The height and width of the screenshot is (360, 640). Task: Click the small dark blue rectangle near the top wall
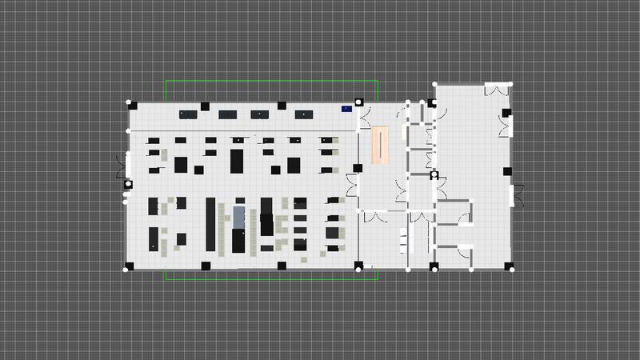(x=347, y=108)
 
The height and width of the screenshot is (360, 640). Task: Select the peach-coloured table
(x=380, y=145)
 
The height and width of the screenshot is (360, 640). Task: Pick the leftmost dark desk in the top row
(x=188, y=114)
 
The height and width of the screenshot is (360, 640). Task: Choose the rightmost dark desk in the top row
(x=303, y=114)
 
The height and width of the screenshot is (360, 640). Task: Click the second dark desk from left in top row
(x=226, y=114)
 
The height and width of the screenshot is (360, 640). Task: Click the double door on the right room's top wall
(x=498, y=90)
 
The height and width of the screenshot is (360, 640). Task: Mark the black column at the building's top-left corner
(x=134, y=106)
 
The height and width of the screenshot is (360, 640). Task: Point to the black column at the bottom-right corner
(x=506, y=266)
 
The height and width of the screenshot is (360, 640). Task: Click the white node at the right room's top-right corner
(x=511, y=84)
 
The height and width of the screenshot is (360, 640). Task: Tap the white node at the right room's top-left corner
(x=435, y=84)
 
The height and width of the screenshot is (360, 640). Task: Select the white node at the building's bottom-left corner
(x=126, y=270)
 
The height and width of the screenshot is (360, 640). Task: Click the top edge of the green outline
(x=272, y=80)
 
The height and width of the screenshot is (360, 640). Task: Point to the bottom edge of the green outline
(x=272, y=280)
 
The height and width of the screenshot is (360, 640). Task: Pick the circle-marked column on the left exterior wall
(x=128, y=184)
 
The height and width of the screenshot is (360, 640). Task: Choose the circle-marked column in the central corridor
(x=434, y=174)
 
